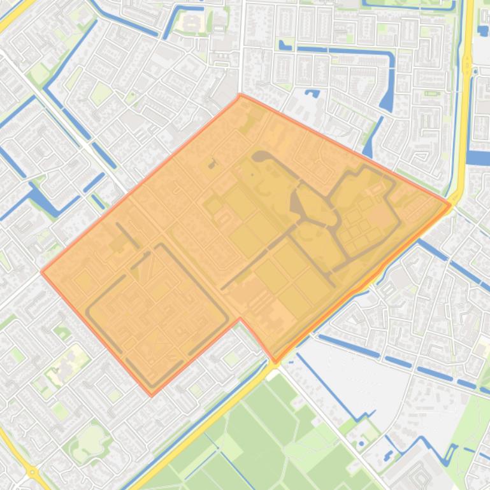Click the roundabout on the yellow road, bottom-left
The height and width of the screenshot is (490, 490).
click(32, 472)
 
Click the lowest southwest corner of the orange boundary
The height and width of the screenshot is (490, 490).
click(152, 395)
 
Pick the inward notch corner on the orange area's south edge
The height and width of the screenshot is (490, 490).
click(240, 318)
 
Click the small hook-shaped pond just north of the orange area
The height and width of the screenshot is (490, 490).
click(312, 94)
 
